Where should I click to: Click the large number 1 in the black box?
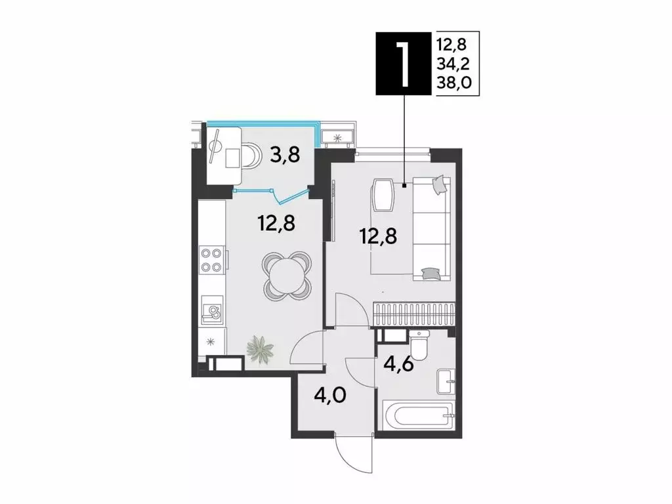(x=404, y=63)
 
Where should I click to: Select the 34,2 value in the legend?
(x=453, y=63)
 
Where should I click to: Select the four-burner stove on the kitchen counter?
(x=210, y=259)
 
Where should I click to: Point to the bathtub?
(x=418, y=416)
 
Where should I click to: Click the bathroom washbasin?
(x=446, y=379)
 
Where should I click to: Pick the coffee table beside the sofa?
(x=383, y=196)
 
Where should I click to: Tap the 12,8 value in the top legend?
(x=453, y=45)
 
